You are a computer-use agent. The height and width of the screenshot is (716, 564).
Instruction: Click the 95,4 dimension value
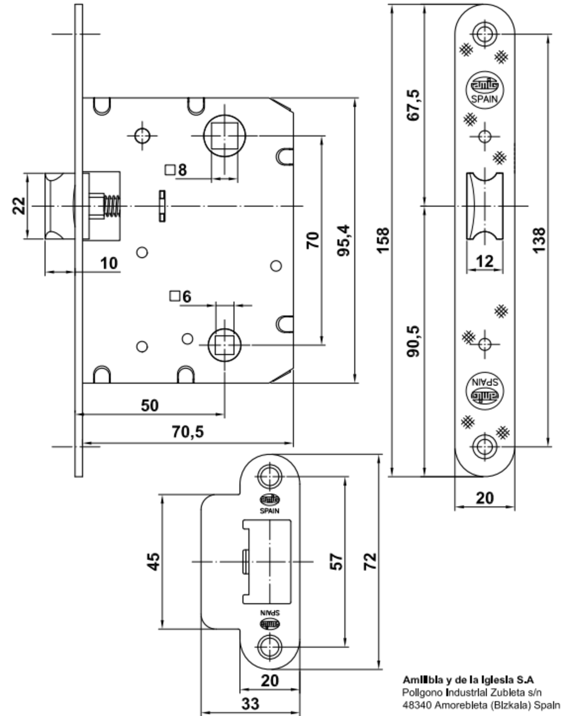343,240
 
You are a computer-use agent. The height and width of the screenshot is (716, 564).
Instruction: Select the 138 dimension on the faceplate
538,240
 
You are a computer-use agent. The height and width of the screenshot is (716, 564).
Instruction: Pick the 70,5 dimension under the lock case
188,432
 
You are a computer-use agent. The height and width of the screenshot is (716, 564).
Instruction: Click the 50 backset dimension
149,406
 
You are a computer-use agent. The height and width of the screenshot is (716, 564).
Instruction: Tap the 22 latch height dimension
19,206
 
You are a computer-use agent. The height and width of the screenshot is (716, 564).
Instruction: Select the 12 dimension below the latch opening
485,261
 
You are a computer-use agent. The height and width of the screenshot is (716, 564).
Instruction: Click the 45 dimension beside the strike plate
153,561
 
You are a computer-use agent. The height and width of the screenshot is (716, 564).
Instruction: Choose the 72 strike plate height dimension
371,561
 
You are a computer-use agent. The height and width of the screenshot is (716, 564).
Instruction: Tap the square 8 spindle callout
176,170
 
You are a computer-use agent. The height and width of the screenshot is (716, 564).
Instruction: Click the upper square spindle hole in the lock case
224,135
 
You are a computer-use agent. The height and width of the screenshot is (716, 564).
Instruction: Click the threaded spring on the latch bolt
112,206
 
